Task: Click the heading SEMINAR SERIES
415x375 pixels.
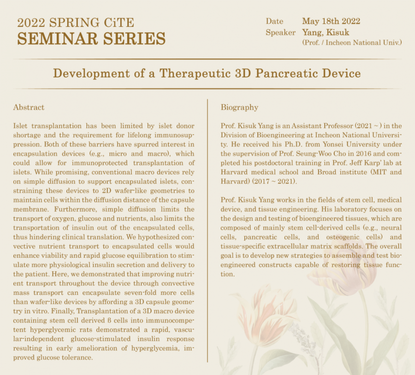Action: (91, 38)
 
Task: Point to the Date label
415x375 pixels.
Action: (274, 21)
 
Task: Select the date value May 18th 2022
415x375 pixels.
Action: (331, 21)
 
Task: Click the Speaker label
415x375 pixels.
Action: (280, 32)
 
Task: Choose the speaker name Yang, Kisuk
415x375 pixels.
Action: (326, 32)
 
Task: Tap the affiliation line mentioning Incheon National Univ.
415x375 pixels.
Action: (352, 42)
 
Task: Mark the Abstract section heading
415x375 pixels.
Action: (29, 107)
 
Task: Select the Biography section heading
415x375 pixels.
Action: (239, 107)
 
